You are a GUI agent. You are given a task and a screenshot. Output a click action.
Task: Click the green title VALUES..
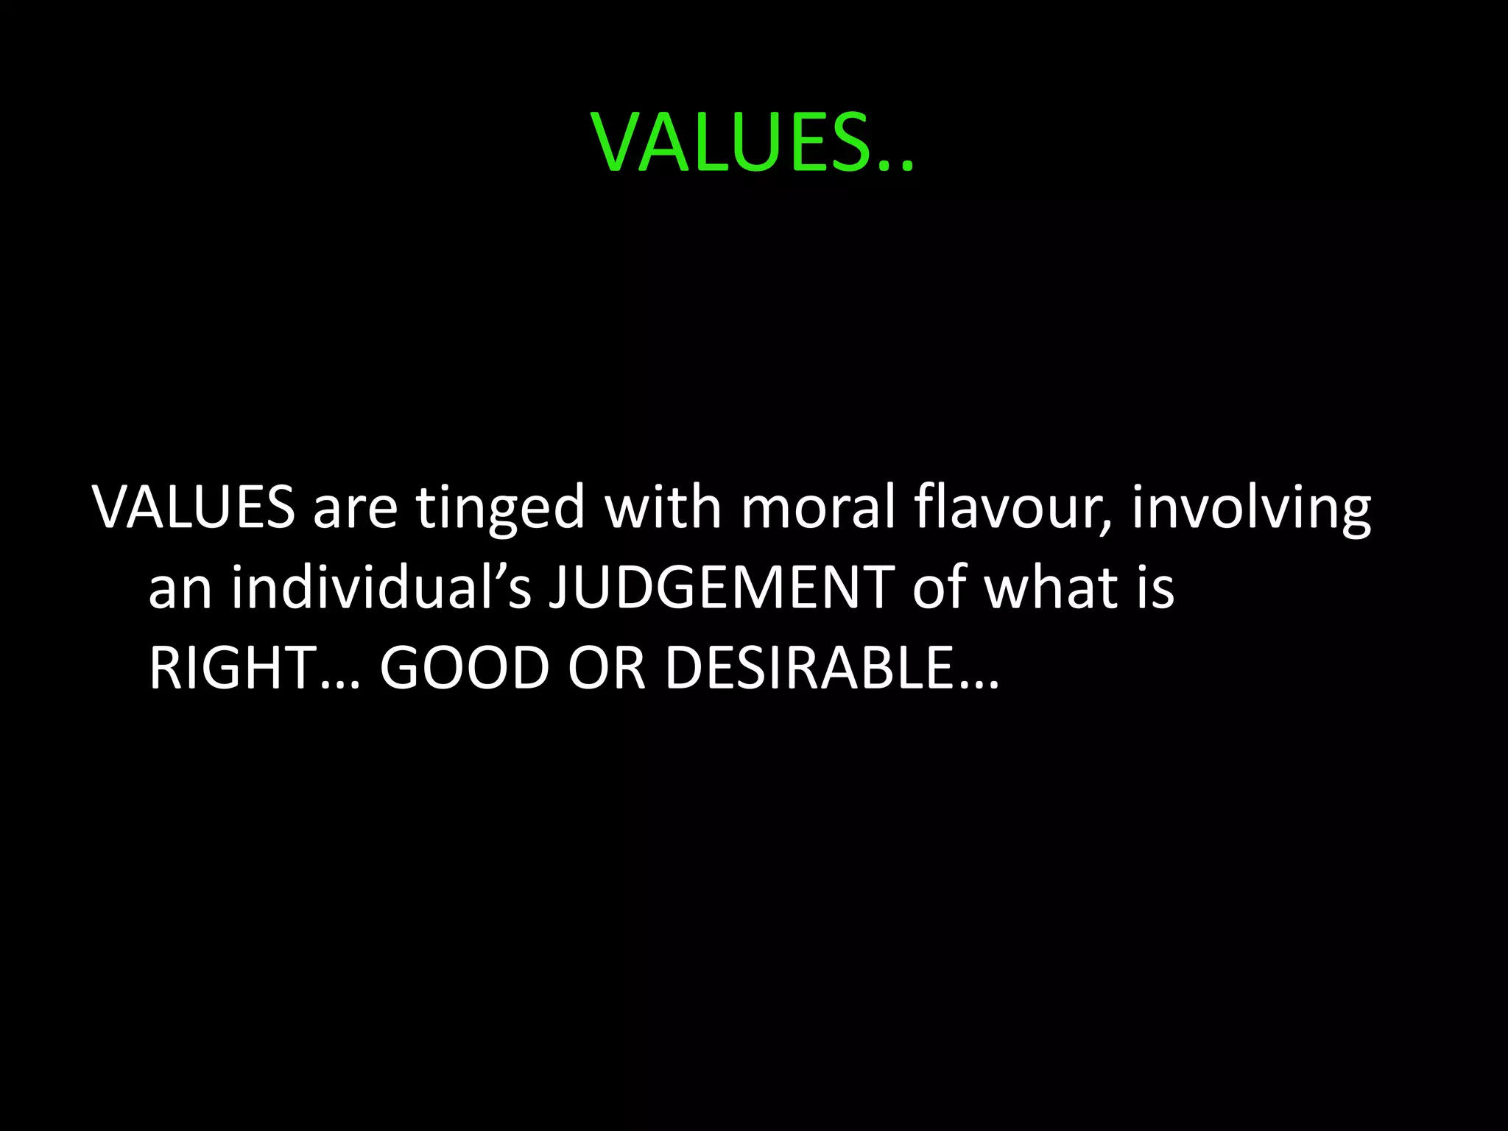tap(733, 143)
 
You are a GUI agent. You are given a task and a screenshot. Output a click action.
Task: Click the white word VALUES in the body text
tap(193, 507)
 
